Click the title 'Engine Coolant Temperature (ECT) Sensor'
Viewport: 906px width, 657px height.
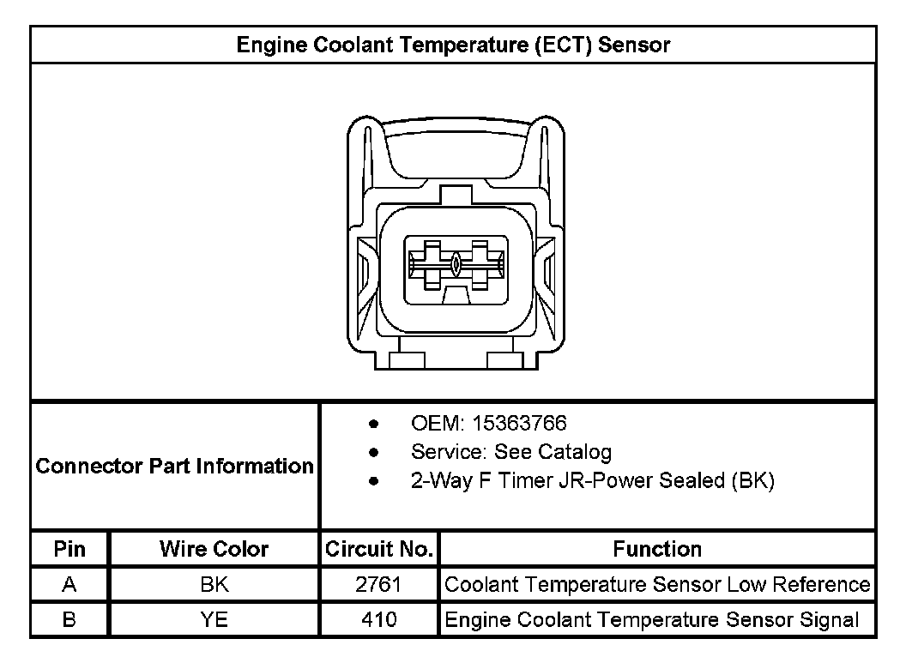[x=453, y=45]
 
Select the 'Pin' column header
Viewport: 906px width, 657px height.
[x=69, y=549]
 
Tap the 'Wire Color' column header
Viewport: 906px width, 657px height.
[x=214, y=549]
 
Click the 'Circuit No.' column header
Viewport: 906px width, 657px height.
[x=379, y=549]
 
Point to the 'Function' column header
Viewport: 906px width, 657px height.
[x=657, y=549]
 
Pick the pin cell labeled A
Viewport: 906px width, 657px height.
[x=69, y=585]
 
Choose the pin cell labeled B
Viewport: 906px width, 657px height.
[x=69, y=620]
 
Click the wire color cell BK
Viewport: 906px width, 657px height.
[x=214, y=585]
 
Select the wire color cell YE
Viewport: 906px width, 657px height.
[x=214, y=620]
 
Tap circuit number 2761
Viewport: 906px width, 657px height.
[x=378, y=585]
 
